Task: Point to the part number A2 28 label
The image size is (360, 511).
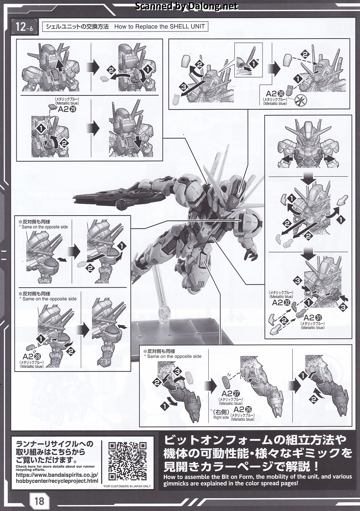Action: pos(32,356)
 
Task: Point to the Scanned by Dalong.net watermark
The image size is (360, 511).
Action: pos(186,6)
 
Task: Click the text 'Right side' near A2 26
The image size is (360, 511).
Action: pos(221,417)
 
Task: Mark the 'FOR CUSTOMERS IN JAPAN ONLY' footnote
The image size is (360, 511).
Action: pos(127,486)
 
